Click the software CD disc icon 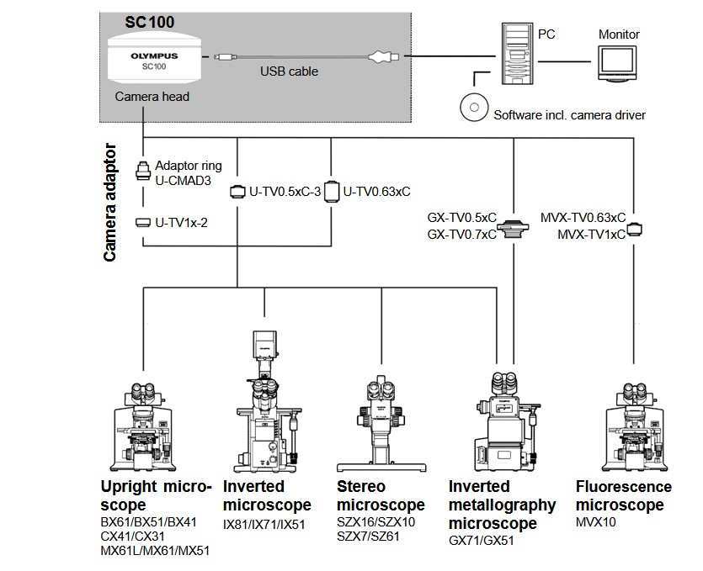point(474,108)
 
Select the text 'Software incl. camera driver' point(569,114)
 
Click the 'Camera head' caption point(152,97)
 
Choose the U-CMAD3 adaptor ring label point(183,180)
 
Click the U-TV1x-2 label point(184,223)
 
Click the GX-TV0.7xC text point(461,235)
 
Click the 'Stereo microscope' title point(381,496)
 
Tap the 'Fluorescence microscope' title point(623,496)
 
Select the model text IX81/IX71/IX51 point(264,525)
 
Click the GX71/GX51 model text point(481,541)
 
